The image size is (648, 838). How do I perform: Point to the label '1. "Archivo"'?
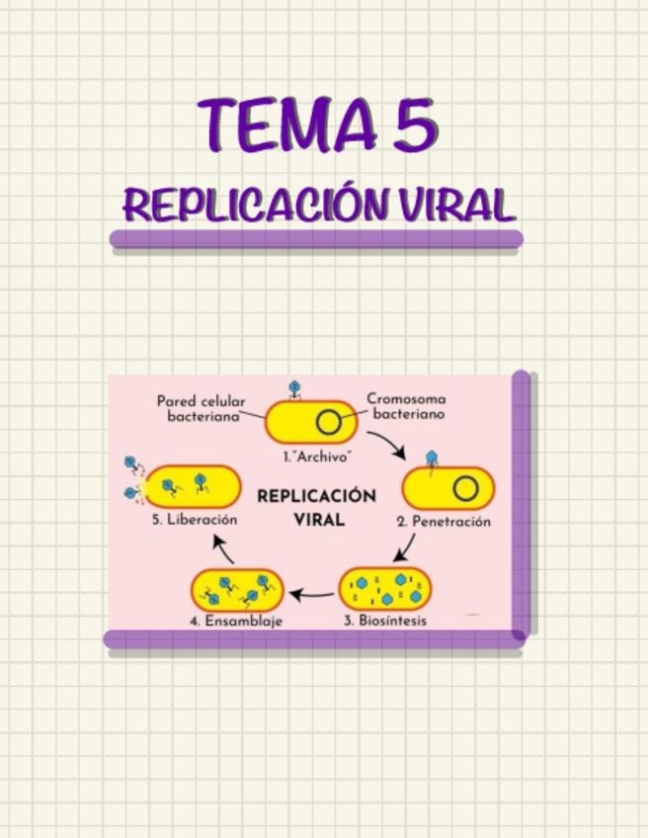pyautogui.click(x=317, y=458)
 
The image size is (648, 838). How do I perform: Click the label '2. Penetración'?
pyautogui.click(x=444, y=521)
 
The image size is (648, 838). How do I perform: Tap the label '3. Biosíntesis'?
pyautogui.click(x=385, y=621)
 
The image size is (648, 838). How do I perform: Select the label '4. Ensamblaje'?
pyautogui.click(x=236, y=622)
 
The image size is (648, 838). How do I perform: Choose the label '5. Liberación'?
pyautogui.click(x=195, y=519)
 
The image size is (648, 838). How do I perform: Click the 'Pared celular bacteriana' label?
pyautogui.click(x=202, y=409)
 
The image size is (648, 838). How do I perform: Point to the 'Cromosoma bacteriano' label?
pyautogui.click(x=407, y=407)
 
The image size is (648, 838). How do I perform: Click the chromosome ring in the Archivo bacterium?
pyautogui.click(x=328, y=423)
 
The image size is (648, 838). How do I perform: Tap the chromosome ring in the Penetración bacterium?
pyautogui.click(x=465, y=489)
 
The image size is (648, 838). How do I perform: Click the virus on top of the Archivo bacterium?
pyautogui.click(x=292, y=389)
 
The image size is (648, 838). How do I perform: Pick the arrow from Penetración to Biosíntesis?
pyautogui.click(x=405, y=548)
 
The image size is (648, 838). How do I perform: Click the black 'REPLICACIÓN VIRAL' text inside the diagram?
pyautogui.click(x=317, y=506)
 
